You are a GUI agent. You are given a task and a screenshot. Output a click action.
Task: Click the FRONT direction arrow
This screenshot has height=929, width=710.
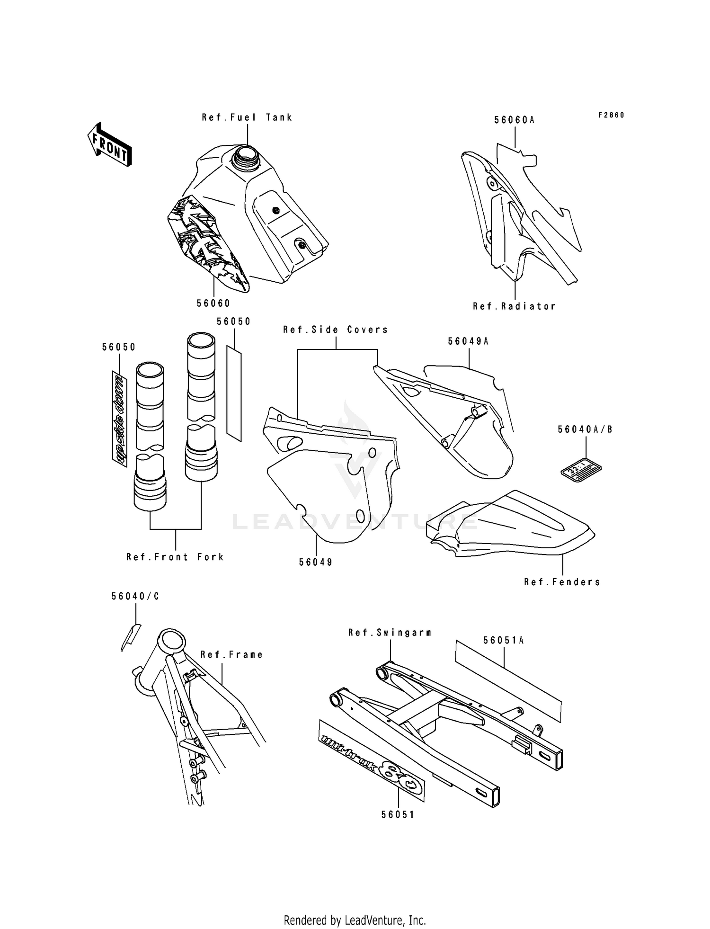point(109,144)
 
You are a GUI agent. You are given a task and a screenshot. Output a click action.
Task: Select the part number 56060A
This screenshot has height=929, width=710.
point(515,120)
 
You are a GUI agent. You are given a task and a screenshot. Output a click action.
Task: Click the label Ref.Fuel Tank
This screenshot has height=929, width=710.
point(247,117)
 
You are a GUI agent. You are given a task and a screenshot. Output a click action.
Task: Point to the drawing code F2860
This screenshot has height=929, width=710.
point(611,115)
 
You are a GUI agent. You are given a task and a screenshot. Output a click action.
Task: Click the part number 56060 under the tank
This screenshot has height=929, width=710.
point(213,303)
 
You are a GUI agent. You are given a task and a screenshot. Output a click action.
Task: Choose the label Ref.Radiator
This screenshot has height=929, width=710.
point(515,306)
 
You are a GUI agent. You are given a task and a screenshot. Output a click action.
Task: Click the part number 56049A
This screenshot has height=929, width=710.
point(468,341)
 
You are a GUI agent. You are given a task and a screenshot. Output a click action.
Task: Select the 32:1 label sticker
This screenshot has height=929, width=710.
point(581,470)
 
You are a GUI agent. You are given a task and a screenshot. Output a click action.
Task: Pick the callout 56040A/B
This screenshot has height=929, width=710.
point(585,429)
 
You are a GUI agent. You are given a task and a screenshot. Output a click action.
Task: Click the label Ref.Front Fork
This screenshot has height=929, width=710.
point(175,557)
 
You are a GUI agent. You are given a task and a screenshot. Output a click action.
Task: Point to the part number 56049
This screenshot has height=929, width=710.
point(316,562)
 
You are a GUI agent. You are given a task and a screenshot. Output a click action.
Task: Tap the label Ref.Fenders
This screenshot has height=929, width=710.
point(562,582)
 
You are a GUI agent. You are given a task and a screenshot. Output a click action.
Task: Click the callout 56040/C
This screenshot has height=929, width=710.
point(135,597)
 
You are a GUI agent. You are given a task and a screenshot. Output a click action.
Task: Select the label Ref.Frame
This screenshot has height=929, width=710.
point(232,655)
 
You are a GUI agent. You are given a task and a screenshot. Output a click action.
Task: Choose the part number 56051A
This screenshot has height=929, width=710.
point(504,640)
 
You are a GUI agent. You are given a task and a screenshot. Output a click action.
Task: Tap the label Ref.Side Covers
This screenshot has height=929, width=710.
point(336,330)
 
